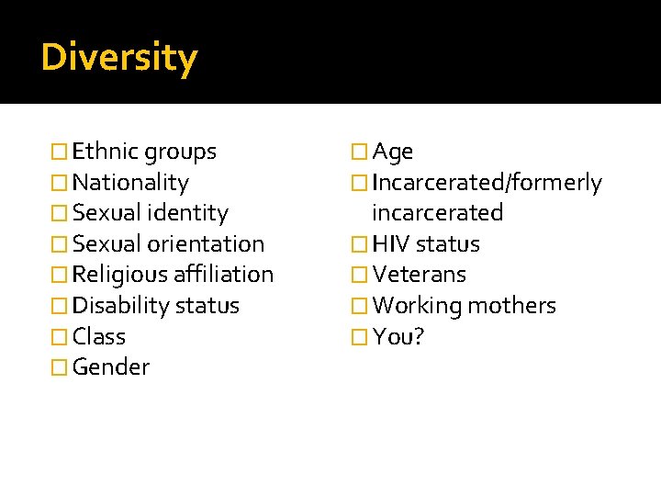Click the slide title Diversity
[119, 58]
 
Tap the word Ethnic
[106, 152]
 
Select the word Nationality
[130, 183]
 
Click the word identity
[188, 213]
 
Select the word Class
[99, 336]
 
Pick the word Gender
[111, 367]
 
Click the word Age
[393, 152]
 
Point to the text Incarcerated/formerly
[487, 183]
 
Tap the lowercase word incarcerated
[437, 213]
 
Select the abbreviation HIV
[391, 244]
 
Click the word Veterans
[420, 275]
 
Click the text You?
[398, 336]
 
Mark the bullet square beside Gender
[60, 368]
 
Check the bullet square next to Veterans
[361, 276]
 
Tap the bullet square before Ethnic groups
[60, 152]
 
